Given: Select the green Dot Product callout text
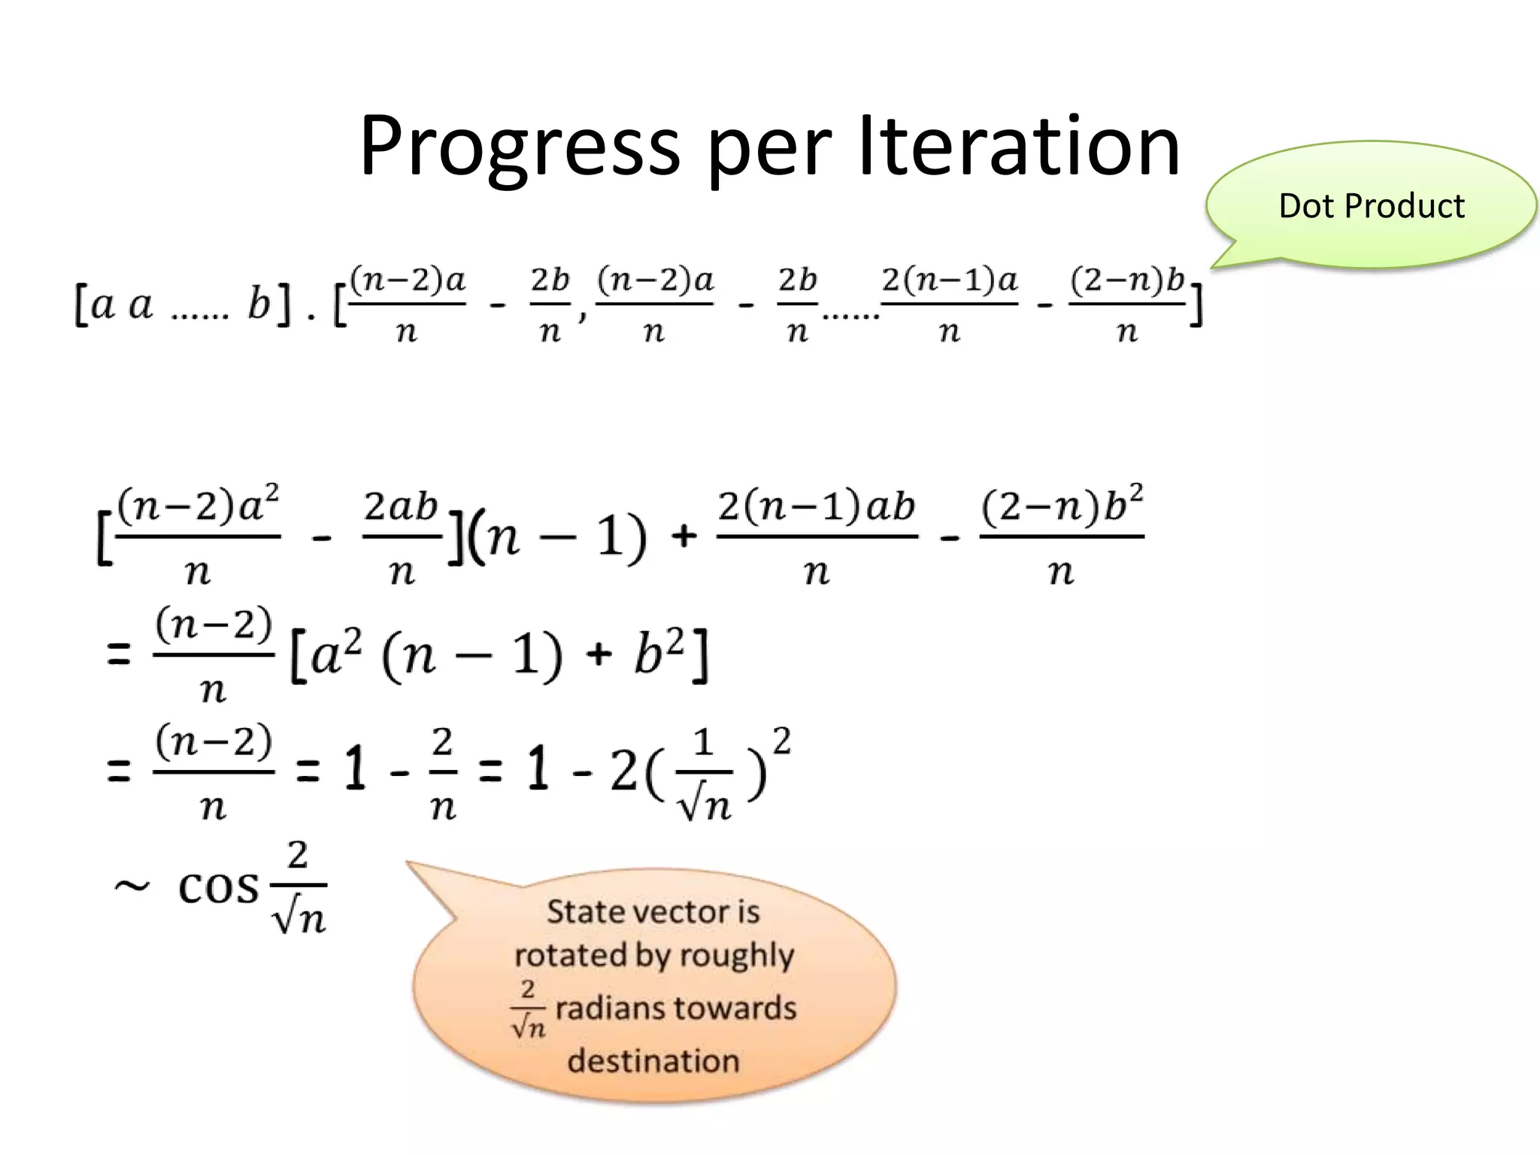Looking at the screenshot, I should [1371, 206].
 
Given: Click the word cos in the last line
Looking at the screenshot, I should [218, 888].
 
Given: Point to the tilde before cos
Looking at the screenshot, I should [132, 887].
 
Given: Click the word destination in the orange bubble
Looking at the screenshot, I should [653, 1061].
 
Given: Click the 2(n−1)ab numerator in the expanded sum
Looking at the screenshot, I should [817, 506].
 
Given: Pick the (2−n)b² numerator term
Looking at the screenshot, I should [1062, 505].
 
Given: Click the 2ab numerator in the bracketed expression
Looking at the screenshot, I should [401, 506].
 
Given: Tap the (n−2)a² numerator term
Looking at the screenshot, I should [199, 505].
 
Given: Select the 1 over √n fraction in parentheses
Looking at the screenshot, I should [703, 775].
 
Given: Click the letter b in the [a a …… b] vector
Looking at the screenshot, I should [259, 305].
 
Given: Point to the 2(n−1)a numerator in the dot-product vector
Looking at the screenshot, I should [949, 280].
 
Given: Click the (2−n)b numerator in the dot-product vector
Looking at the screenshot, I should [1126, 280].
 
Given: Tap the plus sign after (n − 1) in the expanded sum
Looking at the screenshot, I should [683, 537].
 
